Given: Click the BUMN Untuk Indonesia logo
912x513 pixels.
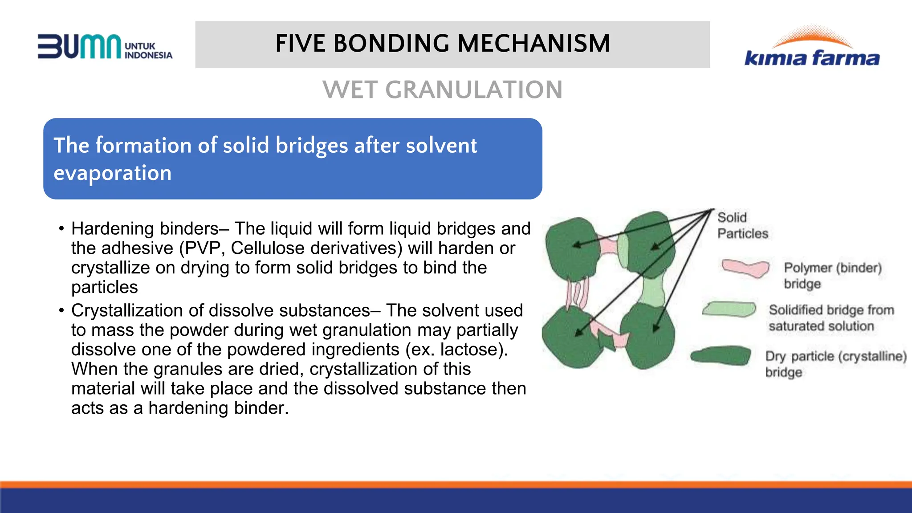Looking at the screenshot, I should tap(105, 46).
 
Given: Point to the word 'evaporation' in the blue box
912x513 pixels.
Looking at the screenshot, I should tap(112, 173).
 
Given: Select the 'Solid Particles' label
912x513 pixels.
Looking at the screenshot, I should tap(742, 225).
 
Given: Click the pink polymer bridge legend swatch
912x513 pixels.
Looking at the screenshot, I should tap(745, 268).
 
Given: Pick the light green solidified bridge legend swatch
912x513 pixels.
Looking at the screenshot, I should tap(729, 309).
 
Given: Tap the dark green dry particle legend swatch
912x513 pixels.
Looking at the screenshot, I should tap(721, 356).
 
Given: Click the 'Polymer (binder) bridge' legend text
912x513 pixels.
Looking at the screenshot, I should tap(832, 276).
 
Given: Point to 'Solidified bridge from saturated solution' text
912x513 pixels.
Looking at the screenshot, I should tap(831, 318).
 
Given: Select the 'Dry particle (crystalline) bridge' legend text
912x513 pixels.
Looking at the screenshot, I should tap(835, 364).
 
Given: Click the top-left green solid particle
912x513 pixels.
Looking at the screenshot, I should tap(572, 247).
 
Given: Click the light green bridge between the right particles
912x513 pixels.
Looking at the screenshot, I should tap(652, 291).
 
